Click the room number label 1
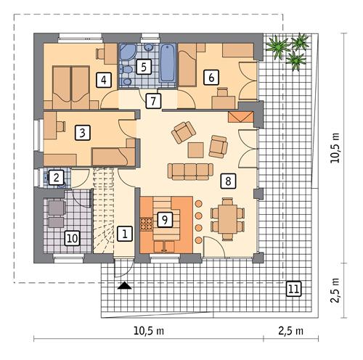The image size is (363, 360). (125, 234)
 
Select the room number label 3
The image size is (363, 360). (83, 132)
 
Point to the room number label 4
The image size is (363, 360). (105, 79)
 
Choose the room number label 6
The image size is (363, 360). (211, 75)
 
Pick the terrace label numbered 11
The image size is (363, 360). (293, 289)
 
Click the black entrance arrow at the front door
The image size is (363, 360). (125, 286)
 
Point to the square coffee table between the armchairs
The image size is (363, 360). (196, 150)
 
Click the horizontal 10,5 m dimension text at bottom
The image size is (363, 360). (149, 331)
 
